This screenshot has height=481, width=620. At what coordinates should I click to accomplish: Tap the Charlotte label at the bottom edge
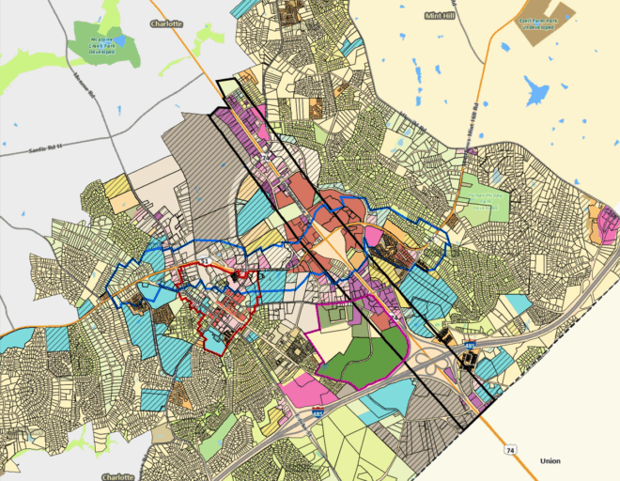[x=118, y=476]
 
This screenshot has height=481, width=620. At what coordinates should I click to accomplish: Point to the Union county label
[x=550, y=461]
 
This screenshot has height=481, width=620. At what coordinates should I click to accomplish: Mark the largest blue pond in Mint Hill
[x=537, y=91]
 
